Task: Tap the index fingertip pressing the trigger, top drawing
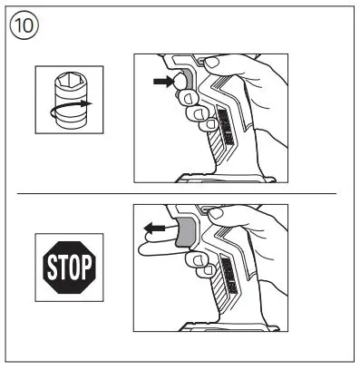(x=187, y=91)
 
